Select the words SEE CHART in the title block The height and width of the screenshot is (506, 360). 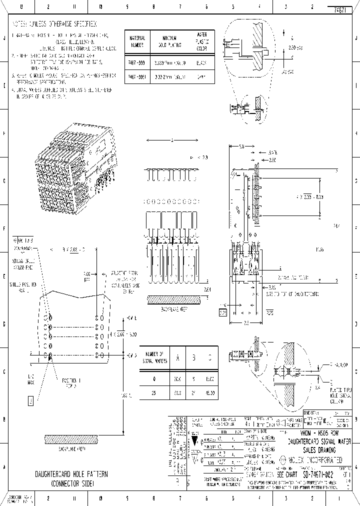click(x=287, y=473)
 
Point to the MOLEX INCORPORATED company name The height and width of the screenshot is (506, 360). click(x=314, y=459)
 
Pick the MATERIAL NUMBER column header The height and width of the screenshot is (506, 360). click(x=137, y=41)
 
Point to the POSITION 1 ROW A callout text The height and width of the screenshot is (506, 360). click(x=71, y=382)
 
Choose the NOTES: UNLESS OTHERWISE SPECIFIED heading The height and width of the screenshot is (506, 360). click(x=55, y=23)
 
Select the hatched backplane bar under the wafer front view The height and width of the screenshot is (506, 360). click(x=173, y=299)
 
